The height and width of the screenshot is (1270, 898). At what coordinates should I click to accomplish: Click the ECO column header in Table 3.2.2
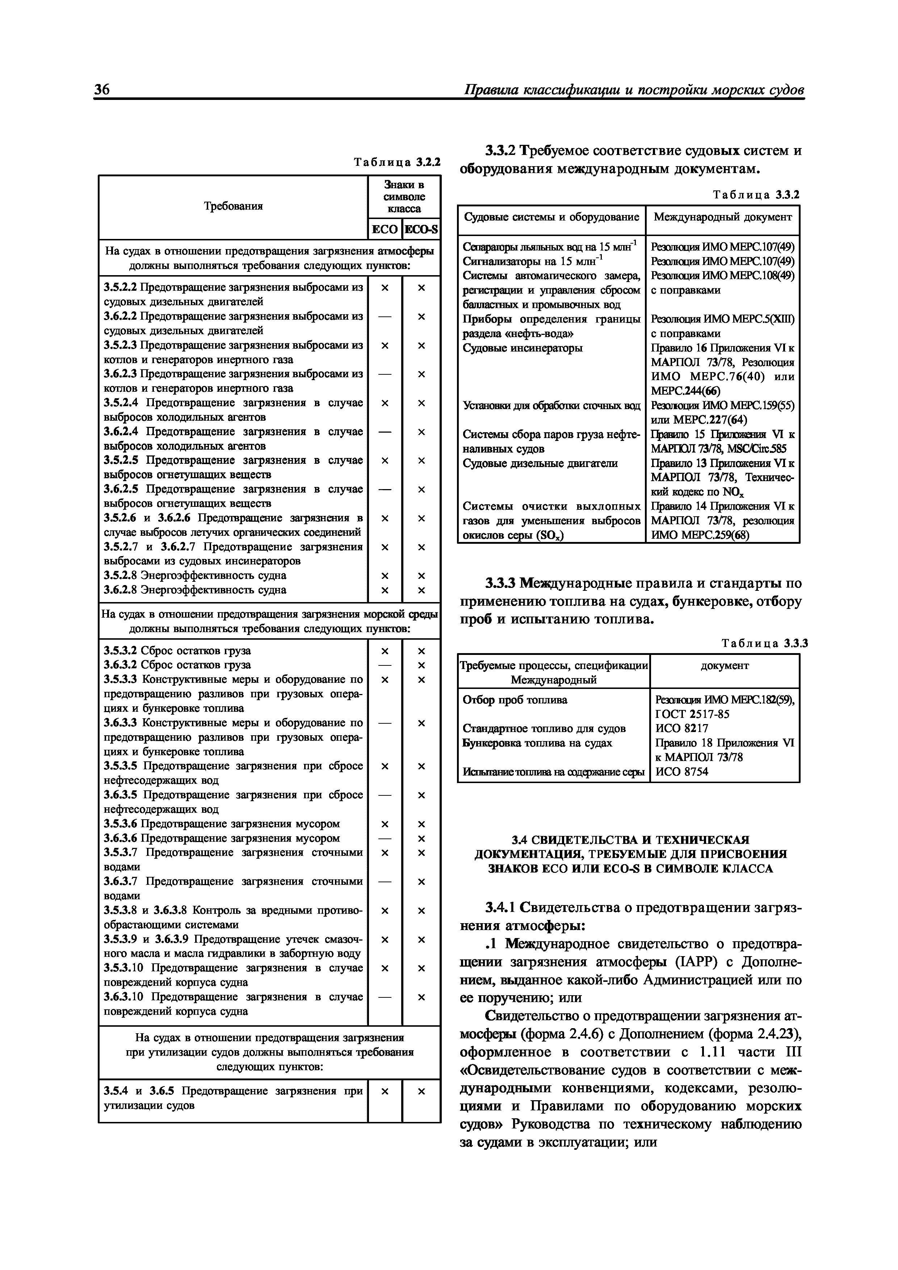385,230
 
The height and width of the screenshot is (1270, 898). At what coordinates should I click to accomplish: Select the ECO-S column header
421,230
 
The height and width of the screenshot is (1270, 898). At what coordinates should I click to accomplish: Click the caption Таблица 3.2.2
397,162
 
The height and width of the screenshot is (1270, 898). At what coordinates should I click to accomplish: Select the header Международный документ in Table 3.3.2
723,217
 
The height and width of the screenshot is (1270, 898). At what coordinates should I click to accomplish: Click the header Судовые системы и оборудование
551,217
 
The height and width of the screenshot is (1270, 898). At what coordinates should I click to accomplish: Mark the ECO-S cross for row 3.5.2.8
421,576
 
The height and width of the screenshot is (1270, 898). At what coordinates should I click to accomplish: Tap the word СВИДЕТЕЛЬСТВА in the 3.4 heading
569,840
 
